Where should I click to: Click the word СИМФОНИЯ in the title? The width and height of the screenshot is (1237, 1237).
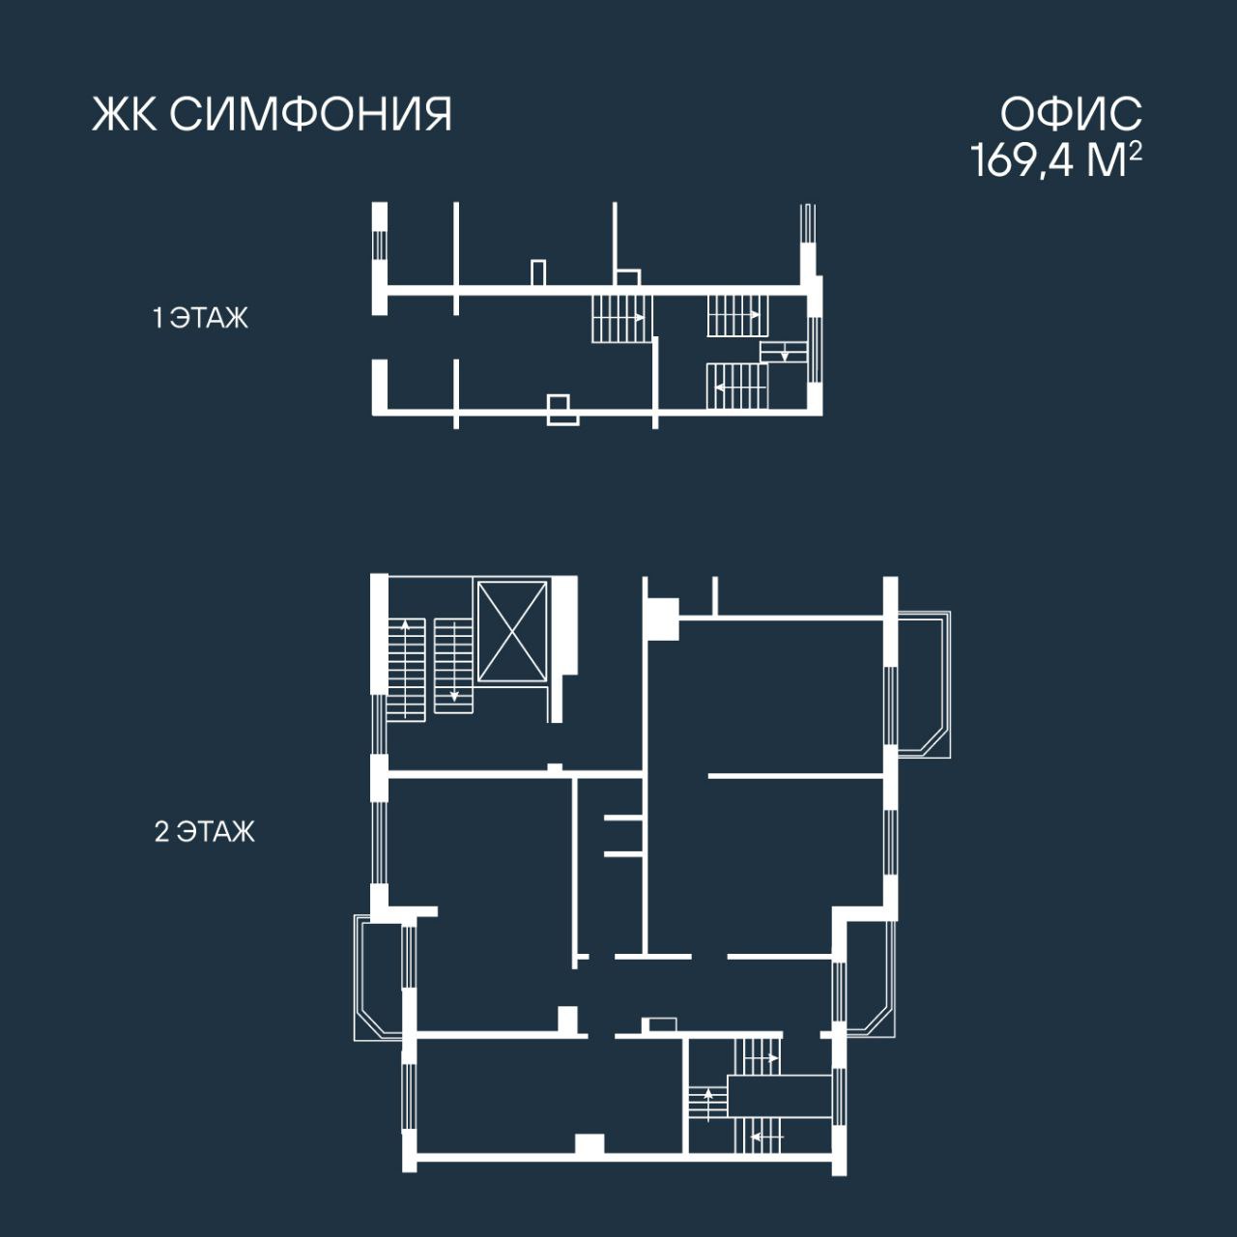pos(311,115)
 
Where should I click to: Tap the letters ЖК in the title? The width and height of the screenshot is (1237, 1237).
pos(125,115)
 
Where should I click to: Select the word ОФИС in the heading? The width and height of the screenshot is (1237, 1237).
pos(1072,114)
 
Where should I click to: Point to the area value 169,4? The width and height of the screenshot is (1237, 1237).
pos(1021,160)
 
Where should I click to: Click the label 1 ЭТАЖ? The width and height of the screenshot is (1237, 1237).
pos(200,318)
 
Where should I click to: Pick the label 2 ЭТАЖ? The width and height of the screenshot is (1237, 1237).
pos(205,831)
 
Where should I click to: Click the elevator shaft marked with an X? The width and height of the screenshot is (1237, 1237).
pos(511,631)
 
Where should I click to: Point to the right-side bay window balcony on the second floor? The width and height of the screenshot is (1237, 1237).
pos(924,684)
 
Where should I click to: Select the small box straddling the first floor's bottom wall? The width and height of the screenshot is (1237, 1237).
pos(562,410)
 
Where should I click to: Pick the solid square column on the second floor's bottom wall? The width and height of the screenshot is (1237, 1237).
pos(590,1145)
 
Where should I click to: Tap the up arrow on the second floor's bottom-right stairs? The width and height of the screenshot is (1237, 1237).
pos(708,1104)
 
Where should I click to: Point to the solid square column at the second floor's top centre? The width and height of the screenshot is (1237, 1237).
pos(663,618)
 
